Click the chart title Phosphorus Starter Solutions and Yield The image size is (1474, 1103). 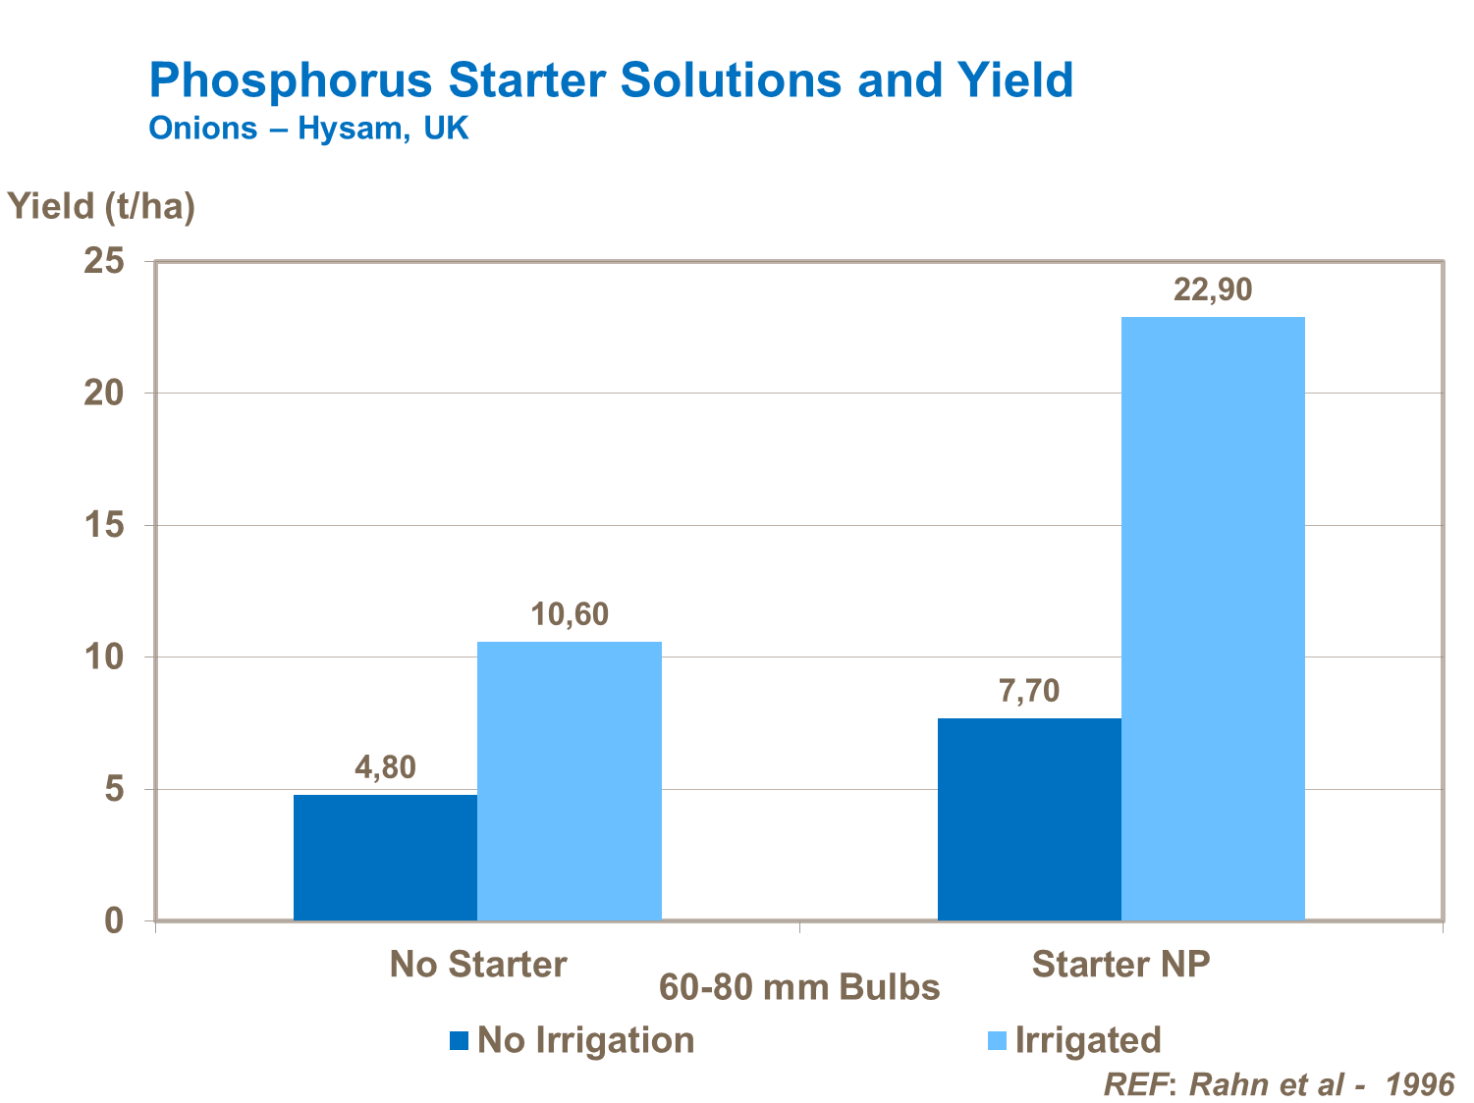point(611,79)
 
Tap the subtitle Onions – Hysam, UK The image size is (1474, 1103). point(308,129)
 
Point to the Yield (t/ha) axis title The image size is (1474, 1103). point(102,206)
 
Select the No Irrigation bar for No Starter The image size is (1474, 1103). point(385,857)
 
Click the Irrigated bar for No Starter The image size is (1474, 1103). point(569,780)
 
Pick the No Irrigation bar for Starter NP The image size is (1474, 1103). point(1029,818)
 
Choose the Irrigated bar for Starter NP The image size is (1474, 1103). point(1213,618)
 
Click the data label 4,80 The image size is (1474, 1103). point(385,767)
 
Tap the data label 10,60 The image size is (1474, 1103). point(570,614)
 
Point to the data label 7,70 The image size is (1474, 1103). point(1029,691)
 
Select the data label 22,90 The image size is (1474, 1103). point(1213,289)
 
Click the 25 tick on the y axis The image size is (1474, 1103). point(104,261)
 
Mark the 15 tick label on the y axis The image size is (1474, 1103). point(104,525)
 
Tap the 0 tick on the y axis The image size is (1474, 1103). point(115,920)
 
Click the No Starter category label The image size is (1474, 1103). point(478,964)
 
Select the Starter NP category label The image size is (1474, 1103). point(1120,964)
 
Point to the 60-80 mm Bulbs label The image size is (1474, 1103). point(799,987)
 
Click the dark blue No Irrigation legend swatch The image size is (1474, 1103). point(459,1040)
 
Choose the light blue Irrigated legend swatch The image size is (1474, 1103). point(997,1040)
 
